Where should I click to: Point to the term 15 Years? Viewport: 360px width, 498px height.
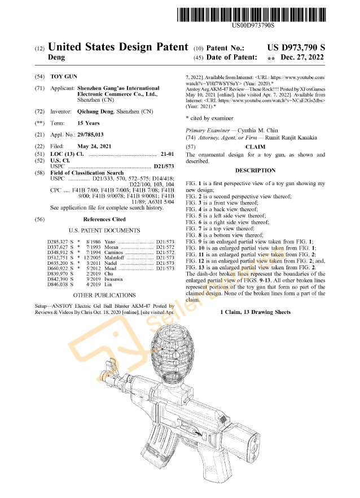pyautogui.click(x=88, y=123)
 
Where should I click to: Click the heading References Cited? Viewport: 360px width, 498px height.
pyautogui.click(x=104, y=219)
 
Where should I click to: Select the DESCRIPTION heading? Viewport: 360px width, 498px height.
pyautogui.click(x=255, y=171)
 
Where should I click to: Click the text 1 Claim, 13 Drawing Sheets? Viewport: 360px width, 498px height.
pyautogui.click(x=255, y=312)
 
